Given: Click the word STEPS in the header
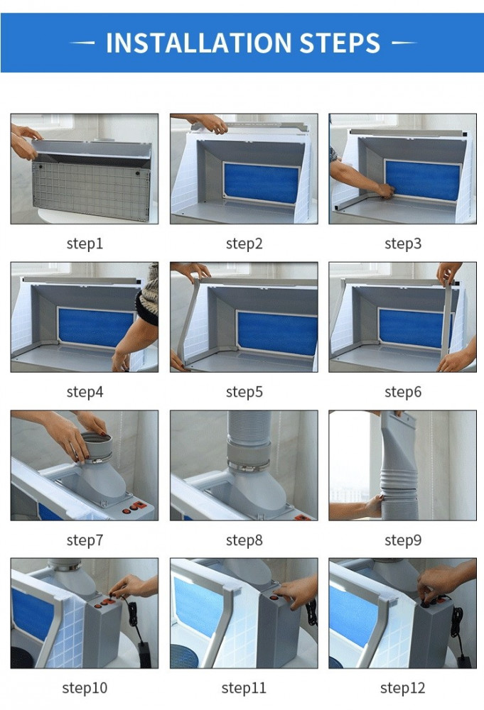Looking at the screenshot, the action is (x=340, y=43).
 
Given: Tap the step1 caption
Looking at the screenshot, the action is (x=85, y=244).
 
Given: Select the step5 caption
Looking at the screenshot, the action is (x=244, y=392).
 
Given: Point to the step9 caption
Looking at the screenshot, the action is (x=403, y=540).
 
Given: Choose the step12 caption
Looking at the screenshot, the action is (x=403, y=688).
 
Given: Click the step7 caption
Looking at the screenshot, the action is (x=85, y=540).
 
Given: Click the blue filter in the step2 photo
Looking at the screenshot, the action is (x=261, y=183).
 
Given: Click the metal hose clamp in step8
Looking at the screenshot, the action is (x=248, y=465).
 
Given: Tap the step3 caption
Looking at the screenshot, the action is (x=403, y=244).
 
